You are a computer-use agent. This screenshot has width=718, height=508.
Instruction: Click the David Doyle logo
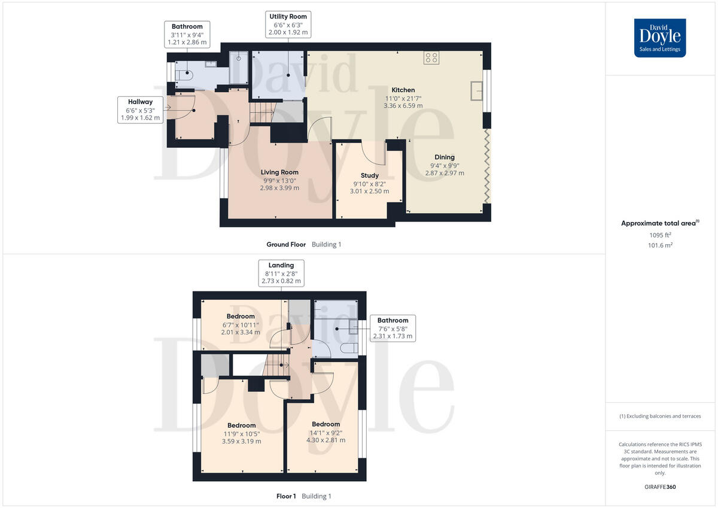(x=660, y=38)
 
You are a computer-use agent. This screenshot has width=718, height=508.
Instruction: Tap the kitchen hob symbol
(x=431, y=57)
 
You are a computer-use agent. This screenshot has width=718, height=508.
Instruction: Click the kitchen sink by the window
(x=477, y=90)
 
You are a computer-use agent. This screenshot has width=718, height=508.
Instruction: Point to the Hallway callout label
(x=139, y=110)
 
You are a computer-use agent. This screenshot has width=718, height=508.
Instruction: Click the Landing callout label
(x=281, y=273)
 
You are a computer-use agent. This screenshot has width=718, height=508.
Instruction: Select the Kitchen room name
(x=403, y=90)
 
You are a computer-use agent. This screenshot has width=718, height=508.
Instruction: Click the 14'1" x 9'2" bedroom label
(x=325, y=432)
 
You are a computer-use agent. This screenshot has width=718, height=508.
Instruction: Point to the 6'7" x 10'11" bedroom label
(x=241, y=324)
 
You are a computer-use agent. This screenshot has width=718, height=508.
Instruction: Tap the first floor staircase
(x=276, y=366)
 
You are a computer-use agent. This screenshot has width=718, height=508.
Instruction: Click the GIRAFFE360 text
(x=659, y=487)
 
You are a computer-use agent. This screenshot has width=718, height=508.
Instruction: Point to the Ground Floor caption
(x=286, y=245)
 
